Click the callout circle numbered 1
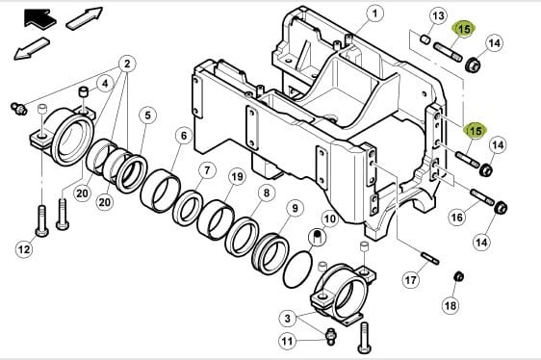point(375,14)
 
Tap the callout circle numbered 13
point(438,15)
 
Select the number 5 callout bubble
point(147,116)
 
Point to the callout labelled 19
point(237,177)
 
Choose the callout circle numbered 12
point(24,249)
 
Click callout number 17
point(411,279)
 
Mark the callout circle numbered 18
point(451,305)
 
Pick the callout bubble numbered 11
point(288,342)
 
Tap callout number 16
point(457,218)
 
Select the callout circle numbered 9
point(295,208)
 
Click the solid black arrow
point(39,18)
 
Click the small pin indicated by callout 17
point(430,259)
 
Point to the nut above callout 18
point(458,276)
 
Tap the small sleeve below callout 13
point(425,39)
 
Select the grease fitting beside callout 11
point(330,336)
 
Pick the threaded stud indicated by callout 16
point(482,197)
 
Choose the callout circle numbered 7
point(207,170)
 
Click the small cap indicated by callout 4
point(84,92)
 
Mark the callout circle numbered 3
point(288,318)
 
